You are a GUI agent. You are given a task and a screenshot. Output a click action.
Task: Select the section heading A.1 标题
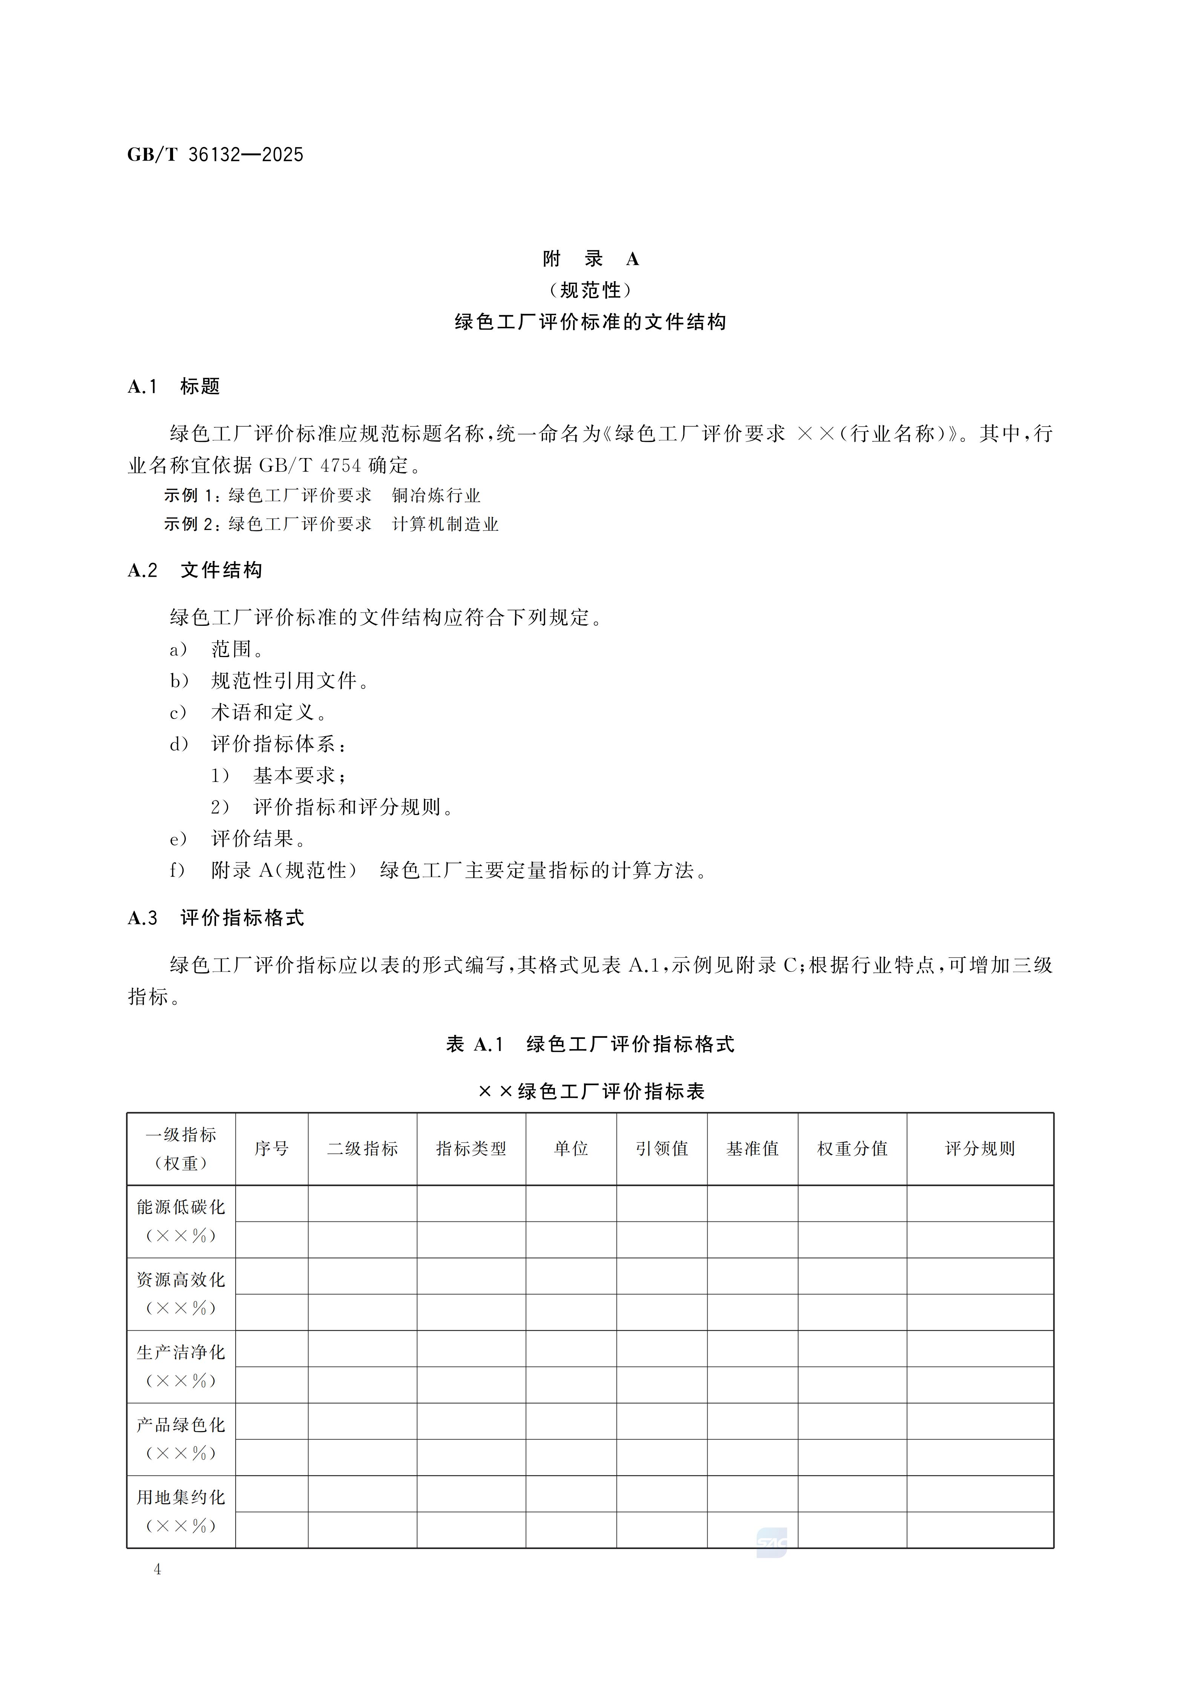pyautogui.click(x=174, y=386)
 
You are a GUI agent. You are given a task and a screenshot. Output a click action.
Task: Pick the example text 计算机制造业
pyautogui.click(x=446, y=524)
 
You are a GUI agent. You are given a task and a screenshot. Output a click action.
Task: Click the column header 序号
pyautogui.click(x=271, y=1149)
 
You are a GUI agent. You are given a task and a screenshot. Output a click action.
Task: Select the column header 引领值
pyautogui.click(x=662, y=1149)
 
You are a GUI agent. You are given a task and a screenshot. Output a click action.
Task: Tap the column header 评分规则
pyautogui.click(x=979, y=1149)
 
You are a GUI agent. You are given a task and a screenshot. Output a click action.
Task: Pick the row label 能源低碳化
pyautogui.click(x=181, y=1207)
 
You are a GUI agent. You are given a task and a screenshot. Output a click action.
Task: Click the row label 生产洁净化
pyautogui.click(x=181, y=1352)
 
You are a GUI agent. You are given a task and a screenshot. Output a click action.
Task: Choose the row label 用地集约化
pyautogui.click(x=181, y=1498)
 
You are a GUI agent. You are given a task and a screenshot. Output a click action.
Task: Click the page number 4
pyautogui.click(x=157, y=1569)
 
